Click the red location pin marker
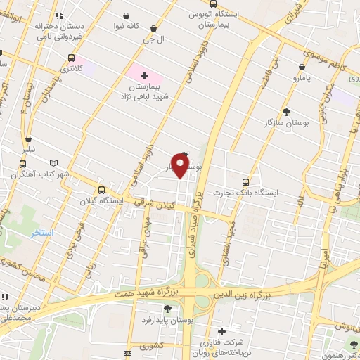[x=181, y=166]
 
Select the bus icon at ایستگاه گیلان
[x=103, y=190]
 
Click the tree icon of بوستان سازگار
[x=285, y=111]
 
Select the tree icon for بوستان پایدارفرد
[x=167, y=309]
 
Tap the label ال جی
[x=153, y=41]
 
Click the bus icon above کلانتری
[x=71, y=58]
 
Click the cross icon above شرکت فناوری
[x=221, y=331]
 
